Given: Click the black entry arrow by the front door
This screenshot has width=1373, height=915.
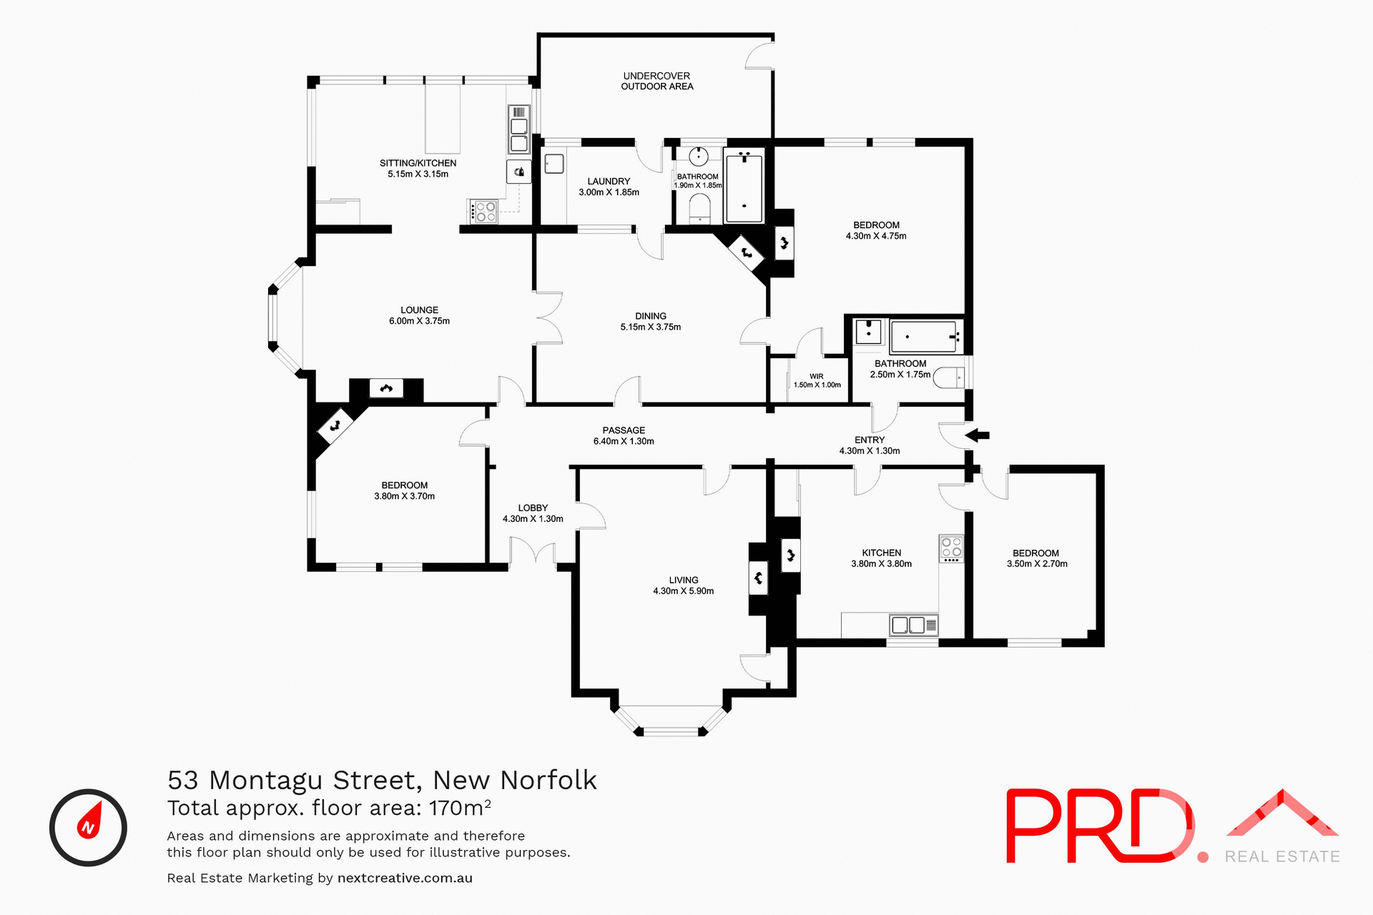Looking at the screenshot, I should (x=978, y=435).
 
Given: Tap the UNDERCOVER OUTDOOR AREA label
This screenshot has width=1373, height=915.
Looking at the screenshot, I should (x=656, y=81).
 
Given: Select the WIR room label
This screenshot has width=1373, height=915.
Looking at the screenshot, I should (x=816, y=376).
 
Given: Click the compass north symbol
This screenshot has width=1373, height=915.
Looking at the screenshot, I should (x=88, y=827).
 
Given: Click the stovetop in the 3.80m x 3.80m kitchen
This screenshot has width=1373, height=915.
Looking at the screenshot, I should (x=951, y=548).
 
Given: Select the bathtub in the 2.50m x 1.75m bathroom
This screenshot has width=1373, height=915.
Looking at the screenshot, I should (x=923, y=336).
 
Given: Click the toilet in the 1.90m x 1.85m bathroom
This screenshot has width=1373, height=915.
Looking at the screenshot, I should (x=699, y=208).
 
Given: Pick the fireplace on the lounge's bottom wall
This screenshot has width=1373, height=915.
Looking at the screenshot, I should (x=386, y=389).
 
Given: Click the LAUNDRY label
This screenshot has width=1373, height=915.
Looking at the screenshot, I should (x=609, y=182).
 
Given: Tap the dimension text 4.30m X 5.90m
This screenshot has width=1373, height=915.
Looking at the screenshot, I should (x=683, y=591).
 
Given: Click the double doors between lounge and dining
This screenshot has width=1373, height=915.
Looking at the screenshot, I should (x=548, y=317).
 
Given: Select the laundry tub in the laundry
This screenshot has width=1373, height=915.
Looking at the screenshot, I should (x=554, y=164).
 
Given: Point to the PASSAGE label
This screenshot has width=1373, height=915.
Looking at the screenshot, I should (x=624, y=430).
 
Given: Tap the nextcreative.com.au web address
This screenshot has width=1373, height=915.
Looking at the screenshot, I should (x=405, y=878).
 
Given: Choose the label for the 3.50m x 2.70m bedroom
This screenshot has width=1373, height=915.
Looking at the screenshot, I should (x=1035, y=553).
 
